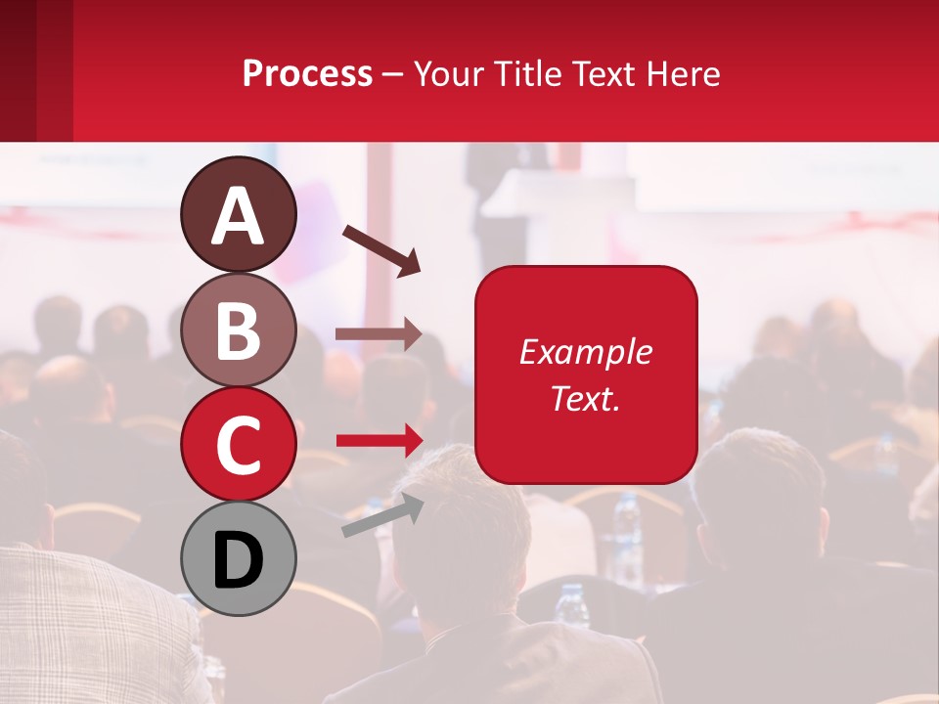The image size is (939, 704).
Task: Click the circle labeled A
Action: pos(238,214)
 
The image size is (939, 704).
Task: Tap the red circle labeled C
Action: pos(238,444)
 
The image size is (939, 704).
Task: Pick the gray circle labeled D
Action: pos(238,558)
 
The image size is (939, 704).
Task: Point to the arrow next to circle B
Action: pos(379,334)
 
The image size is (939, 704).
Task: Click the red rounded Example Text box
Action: pos(585,374)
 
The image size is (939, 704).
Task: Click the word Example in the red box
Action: pos(585,352)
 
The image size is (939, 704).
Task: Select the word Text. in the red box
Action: pos(585,398)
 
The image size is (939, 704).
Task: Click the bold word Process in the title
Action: pos(307,73)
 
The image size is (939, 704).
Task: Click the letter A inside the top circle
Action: pos(238,216)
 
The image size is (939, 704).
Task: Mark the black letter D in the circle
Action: pos(238,560)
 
